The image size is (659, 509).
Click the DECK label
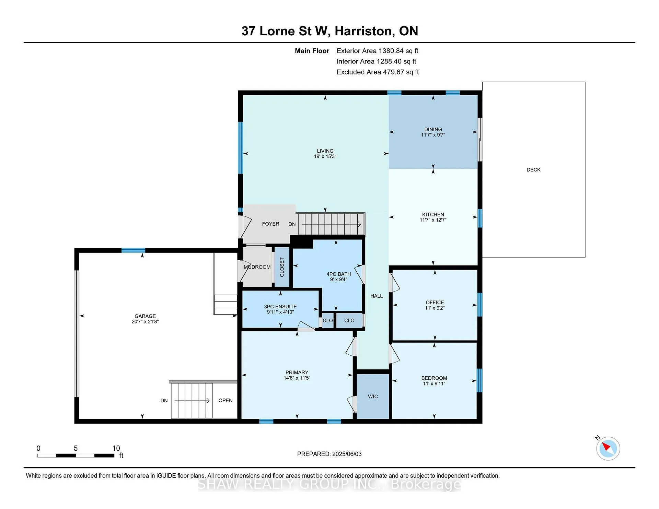click(x=533, y=170)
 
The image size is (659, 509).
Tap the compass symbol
click(x=608, y=448)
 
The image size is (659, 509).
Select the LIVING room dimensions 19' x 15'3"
click(x=325, y=156)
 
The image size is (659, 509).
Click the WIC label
click(x=373, y=396)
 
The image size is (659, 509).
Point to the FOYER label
click(x=270, y=224)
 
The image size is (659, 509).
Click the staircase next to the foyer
click(x=331, y=224)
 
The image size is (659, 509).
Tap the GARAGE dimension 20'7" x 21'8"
click(x=145, y=321)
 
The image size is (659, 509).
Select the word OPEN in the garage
click(x=226, y=401)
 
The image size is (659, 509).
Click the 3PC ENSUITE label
click(x=280, y=307)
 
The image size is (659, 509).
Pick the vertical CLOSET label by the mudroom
click(x=282, y=267)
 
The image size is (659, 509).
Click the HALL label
click(x=377, y=296)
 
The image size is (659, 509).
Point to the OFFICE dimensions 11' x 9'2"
click(x=435, y=308)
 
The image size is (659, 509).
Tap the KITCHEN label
click(x=433, y=214)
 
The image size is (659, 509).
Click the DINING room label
click(x=433, y=129)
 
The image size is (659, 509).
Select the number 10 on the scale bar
click(x=116, y=448)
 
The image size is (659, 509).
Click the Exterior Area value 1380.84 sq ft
click(x=398, y=51)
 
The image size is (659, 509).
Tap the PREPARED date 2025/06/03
click(x=347, y=454)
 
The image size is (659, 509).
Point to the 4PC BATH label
click(x=339, y=274)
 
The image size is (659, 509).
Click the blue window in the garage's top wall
click(x=133, y=250)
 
